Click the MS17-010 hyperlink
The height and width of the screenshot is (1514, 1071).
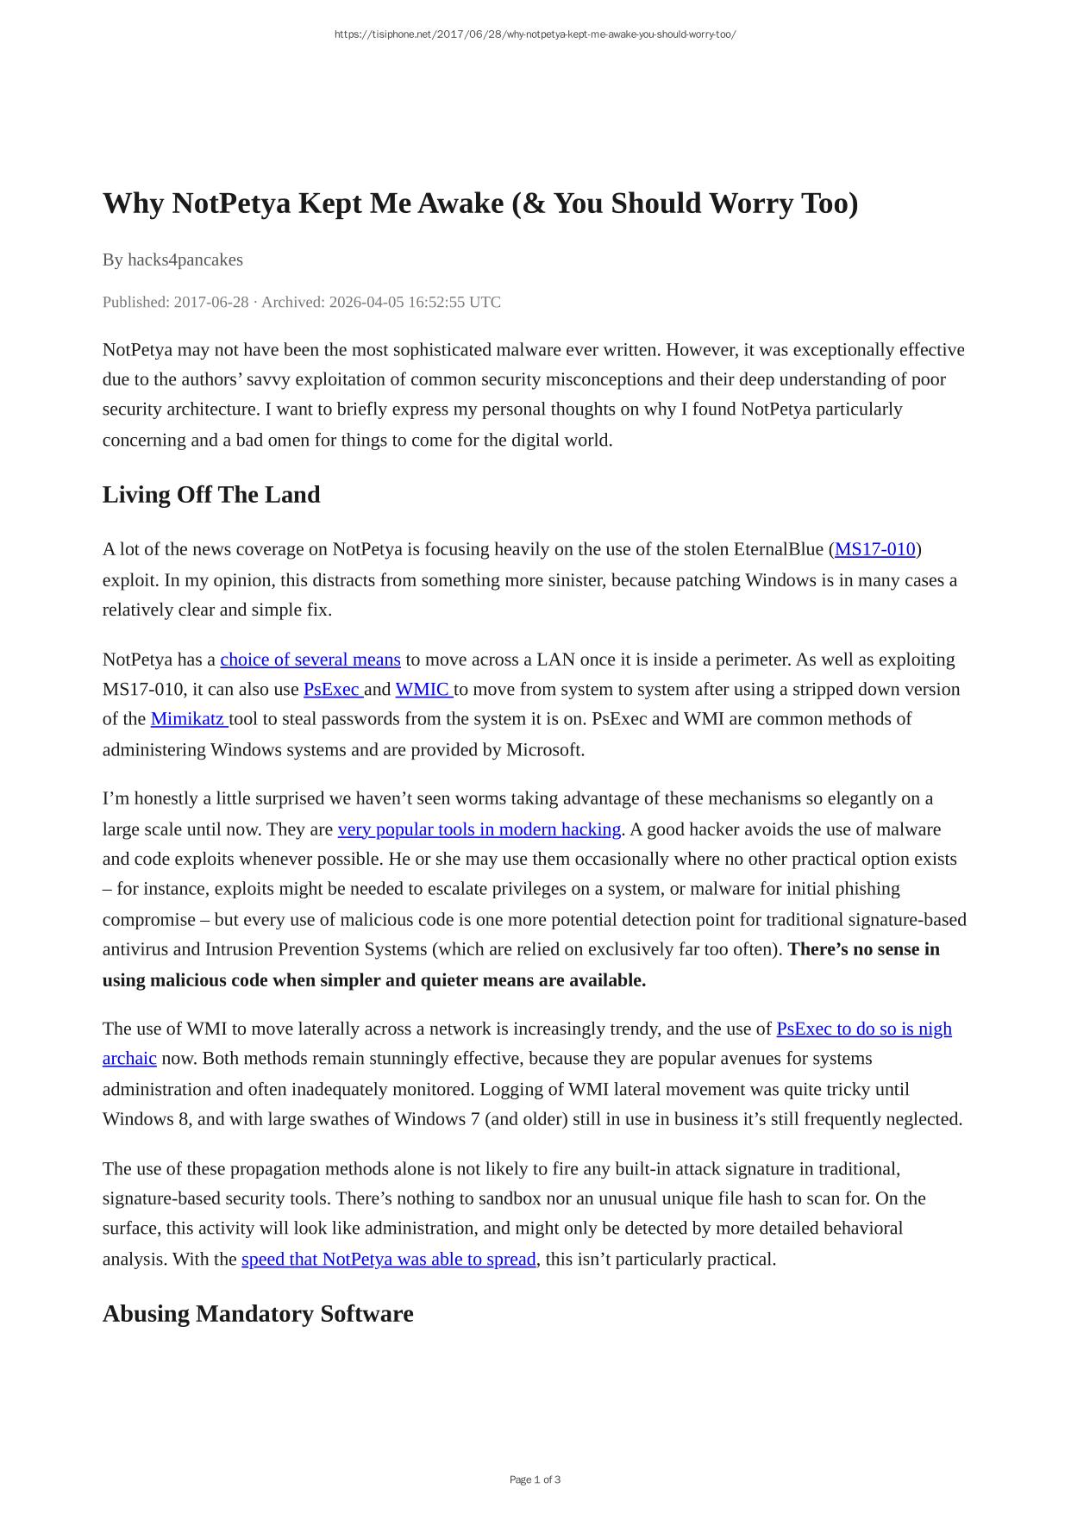(x=874, y=549)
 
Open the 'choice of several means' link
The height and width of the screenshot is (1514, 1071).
(x=310, y=660)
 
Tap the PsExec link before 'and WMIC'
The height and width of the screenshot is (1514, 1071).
(x=332, y=690)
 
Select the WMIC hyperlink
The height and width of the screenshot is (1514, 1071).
(x=423, y=690)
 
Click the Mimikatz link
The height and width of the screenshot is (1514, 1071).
(x=187, y=719)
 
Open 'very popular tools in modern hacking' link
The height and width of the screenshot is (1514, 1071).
(x=479, y=829)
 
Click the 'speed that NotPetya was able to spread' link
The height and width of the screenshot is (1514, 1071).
(x=388, y=1259)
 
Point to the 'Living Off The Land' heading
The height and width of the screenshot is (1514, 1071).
(x=211, y=495)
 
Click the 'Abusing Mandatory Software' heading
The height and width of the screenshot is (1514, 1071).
(x=258, y=1314)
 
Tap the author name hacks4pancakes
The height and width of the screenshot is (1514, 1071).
(x=185, y=260)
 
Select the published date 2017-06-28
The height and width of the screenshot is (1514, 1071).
(x=211, y=302)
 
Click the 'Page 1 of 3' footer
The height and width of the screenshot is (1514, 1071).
(x=535, y=1480)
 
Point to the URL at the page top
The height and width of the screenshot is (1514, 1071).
(x=535, y=34)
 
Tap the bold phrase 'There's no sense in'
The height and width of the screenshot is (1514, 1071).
(x=863, y=949)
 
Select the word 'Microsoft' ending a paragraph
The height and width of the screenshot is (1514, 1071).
(x=544, y=749)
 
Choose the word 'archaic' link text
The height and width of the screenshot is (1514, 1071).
(x=129, y=1059)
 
